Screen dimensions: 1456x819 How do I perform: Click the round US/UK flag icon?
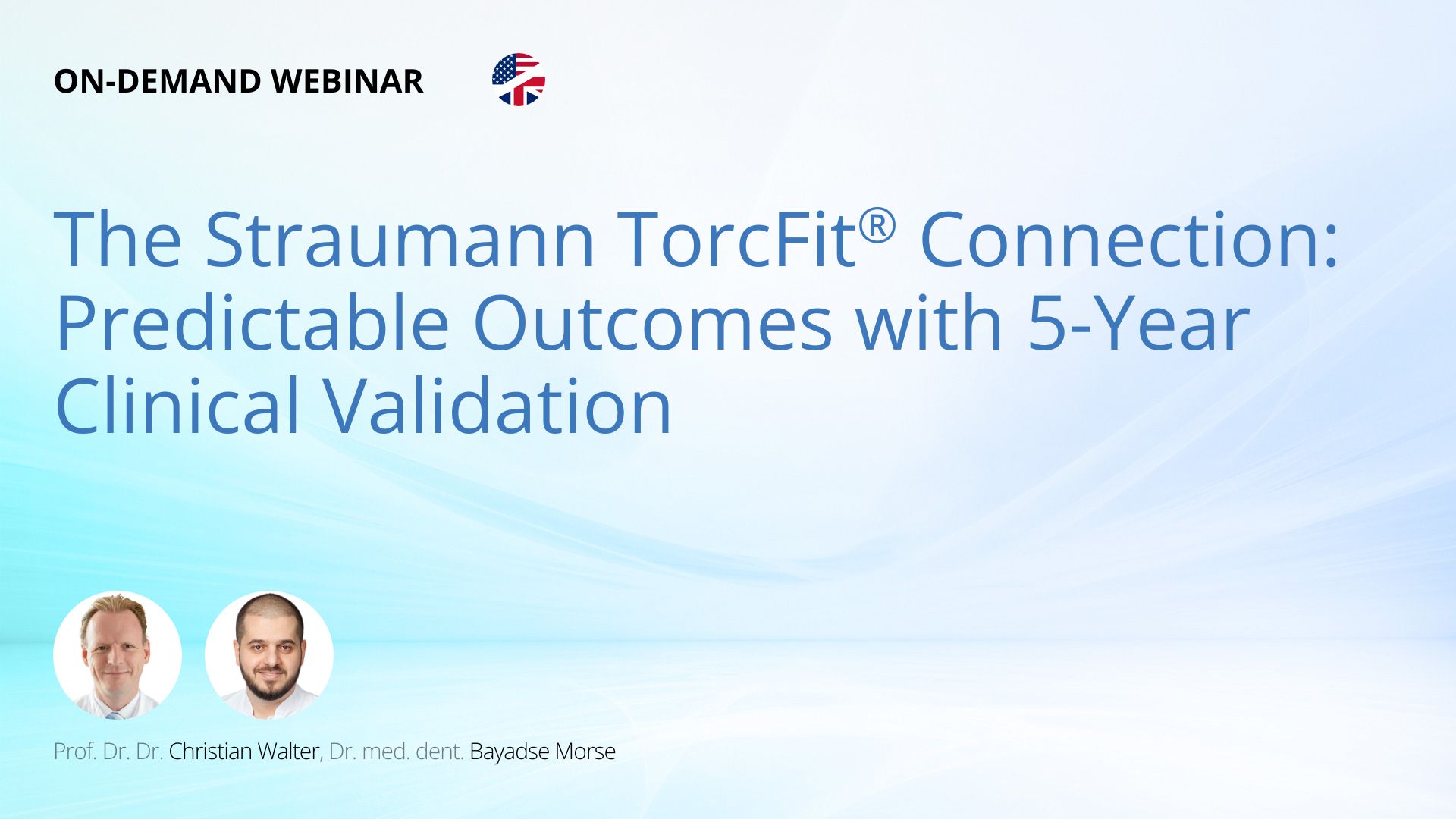519,80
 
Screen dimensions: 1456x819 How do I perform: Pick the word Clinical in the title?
177,406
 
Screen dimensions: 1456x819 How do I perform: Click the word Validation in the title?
498,406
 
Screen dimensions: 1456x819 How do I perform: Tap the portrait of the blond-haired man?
118,655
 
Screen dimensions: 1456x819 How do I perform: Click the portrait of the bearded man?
269,655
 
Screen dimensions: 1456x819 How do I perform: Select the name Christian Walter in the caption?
243,751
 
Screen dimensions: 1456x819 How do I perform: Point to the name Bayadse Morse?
543,751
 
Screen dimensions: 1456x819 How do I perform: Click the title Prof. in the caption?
75,751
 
